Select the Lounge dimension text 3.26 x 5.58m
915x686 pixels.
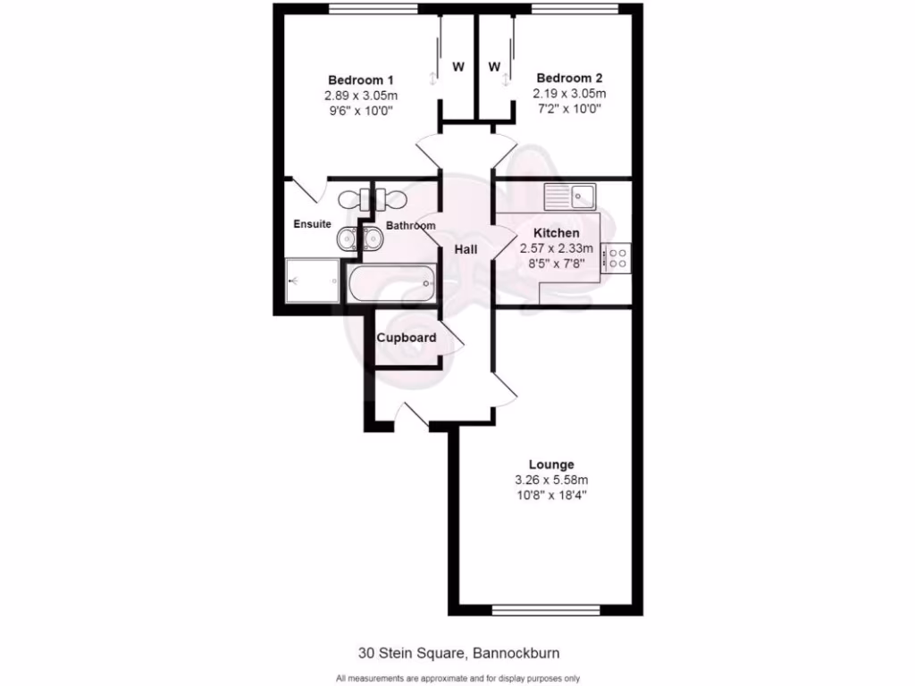pos(550,480)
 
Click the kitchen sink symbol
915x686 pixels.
pos(571,194)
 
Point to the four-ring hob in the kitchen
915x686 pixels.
pos(616,258)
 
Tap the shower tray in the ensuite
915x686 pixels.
pos(312,281)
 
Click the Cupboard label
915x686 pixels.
pos(406,338)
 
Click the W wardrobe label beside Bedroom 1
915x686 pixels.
pos(458,67)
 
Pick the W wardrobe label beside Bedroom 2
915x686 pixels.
pos(494,67)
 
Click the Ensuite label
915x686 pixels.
pos(312,224)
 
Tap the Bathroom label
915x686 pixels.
pos(410,226)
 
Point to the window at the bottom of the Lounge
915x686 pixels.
pos(545,611)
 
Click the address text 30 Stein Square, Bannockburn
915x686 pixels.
pos(457,652)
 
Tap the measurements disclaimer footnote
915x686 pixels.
pos(457,678)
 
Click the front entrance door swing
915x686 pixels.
pos(413,413)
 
